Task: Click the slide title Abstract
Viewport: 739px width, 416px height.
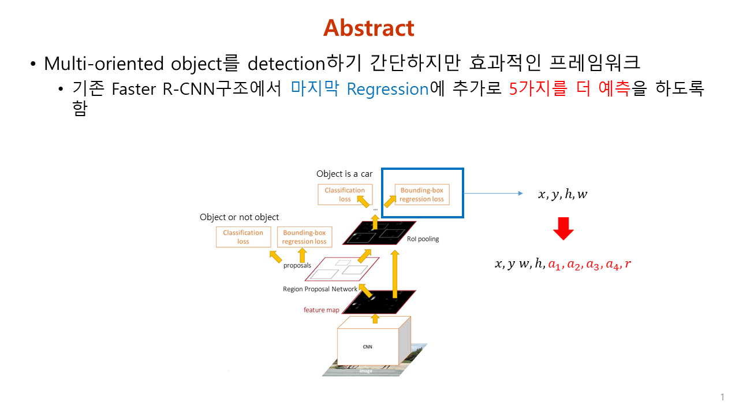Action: click(x=369, y=28)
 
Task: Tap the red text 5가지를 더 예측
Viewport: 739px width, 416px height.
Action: click(x=569, y=89)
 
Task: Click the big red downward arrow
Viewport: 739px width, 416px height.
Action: click(x=563, y=229)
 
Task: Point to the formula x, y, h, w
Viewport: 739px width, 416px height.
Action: click(x=562, y=195)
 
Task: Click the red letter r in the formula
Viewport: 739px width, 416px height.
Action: click(x=628, y=264)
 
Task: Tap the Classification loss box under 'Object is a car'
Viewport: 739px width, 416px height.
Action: click(x=345, y=195)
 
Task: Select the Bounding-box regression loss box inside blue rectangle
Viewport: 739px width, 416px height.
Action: click(x=421, y=195)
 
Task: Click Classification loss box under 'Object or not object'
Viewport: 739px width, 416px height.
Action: click(x=243, y=237)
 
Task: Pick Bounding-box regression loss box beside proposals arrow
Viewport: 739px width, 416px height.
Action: click(x=304, y=237)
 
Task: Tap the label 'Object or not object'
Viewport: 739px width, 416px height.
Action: click(x=239, y=217)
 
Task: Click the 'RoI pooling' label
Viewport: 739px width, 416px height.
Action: click(x=427, y=239)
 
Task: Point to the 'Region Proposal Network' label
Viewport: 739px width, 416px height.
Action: click(x=320, y=289)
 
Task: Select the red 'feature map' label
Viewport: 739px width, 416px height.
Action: click(x=322, y=310)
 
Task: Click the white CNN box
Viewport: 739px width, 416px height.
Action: click(x=367, y=346)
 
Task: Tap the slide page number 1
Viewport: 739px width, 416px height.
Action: click(x=722, y=397)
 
